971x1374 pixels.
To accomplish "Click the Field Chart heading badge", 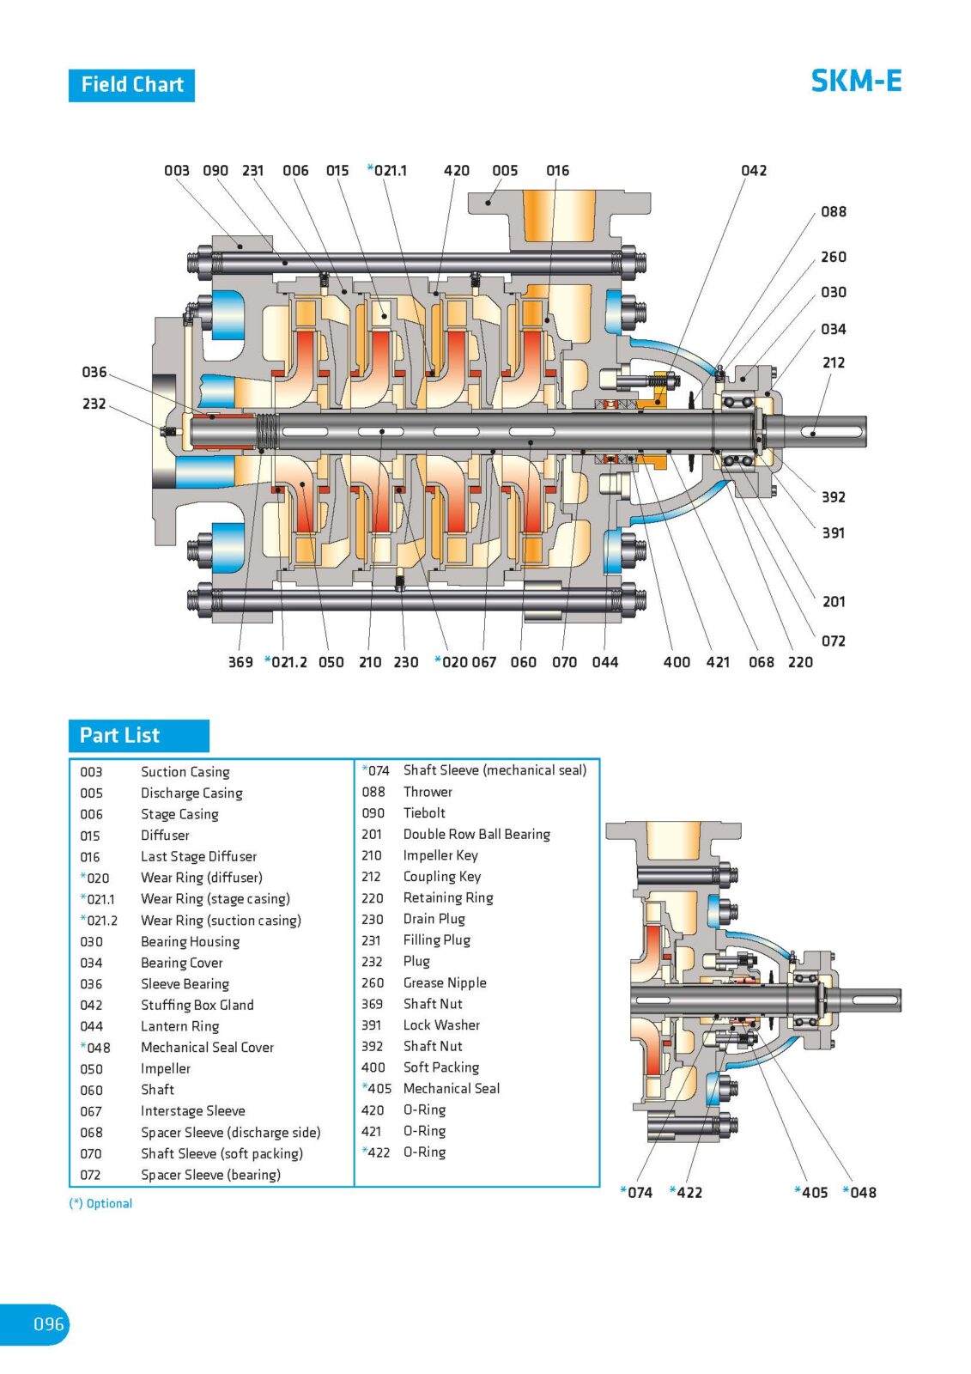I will pos(131,85).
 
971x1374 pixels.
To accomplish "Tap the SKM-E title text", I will pos(855,81).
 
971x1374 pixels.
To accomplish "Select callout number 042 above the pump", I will pos(753,171).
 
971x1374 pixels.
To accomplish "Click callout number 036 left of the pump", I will pos(94,372).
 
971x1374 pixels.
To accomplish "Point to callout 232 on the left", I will pos(94,404).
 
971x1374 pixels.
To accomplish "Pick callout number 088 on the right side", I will pos(833,211).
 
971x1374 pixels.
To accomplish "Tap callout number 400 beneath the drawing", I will pos(677,662).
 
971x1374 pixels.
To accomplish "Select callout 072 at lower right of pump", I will pos(833,641).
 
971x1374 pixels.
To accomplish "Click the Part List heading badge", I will pos(138,736).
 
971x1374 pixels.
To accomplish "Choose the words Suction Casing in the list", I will pos(185,772).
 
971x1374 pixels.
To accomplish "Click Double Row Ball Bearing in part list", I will pos(476,834).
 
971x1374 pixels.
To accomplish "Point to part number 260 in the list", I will pos(373,982).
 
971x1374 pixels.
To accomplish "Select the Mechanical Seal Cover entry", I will pos(207,1048).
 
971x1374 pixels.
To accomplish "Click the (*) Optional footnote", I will pos(100,1203).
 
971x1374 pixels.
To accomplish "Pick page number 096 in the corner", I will pos(48,1323).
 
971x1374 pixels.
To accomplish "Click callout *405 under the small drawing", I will pos(811,1192).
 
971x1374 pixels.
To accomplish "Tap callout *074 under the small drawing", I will pos(636,1192).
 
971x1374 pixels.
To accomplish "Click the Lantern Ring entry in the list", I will pos(179,1026).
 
